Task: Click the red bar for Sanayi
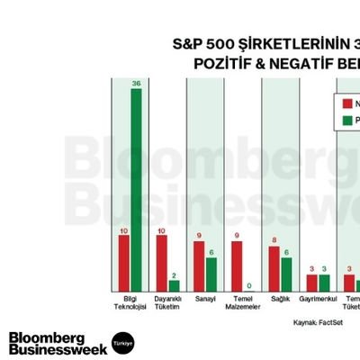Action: (x=199, y=265)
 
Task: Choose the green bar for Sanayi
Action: (x=211, y=273)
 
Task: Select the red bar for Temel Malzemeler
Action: (x=237, y=265)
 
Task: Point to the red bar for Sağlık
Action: (x=274, y=267)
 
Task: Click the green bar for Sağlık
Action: (x=286, y=273)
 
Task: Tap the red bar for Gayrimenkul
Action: (x=311, y=281)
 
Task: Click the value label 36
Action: (x=136, y=84)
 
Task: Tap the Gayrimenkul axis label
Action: (x=318, y=297)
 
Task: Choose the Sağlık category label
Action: (x=280, y=297)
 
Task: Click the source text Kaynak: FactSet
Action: (x=319, y=321)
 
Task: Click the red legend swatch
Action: (x=345, y=103)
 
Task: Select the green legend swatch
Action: (x=345, y=120)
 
